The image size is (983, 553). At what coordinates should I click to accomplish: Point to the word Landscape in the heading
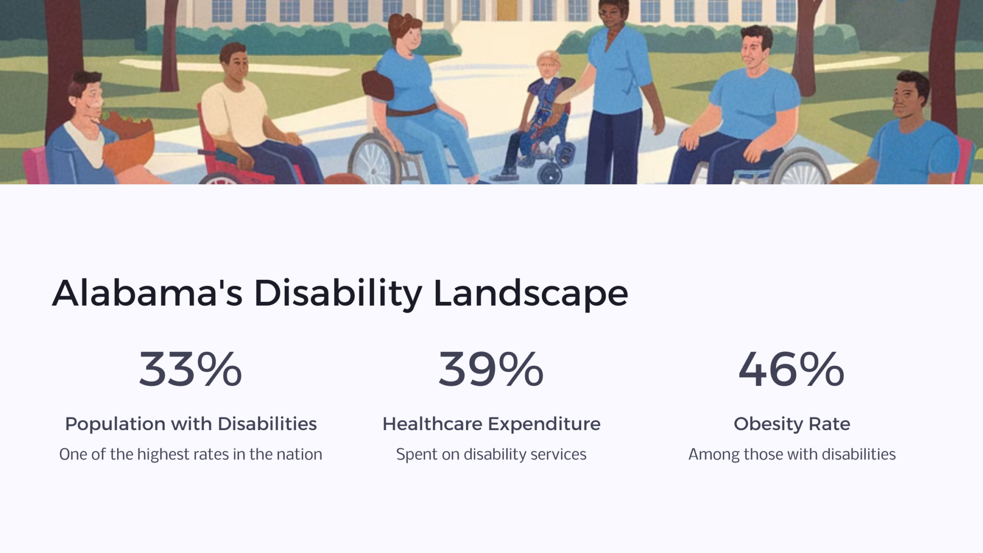click(x=530, y=294)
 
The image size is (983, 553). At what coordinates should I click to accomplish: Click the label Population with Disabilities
click(x=191, y=424)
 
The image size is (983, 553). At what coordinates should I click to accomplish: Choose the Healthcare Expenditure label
click(x=491, y=424)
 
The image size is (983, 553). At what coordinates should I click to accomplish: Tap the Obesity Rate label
click(x=791, y=424)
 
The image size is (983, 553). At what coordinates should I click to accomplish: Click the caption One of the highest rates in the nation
click(x=191, y=454)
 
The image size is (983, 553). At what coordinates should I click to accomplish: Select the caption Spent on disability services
click(x=491, y=454)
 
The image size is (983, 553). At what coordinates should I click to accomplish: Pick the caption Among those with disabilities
click(x=791, y=454)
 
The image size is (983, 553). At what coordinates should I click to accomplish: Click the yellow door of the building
click(x=506, y=10)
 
